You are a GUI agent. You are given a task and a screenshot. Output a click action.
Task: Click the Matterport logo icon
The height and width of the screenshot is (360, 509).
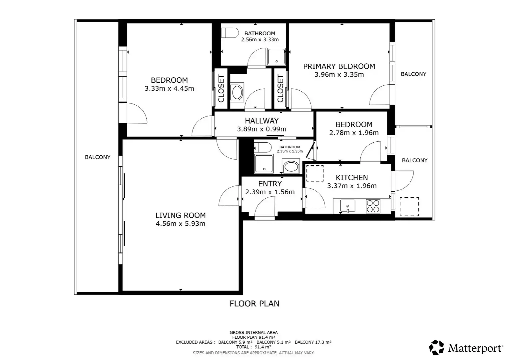click(x=436, y=347)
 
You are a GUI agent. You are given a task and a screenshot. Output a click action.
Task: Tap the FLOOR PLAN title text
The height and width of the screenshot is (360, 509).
click(x=254, y=304)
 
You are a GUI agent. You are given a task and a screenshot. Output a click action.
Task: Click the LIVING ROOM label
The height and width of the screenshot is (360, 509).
click(x=181, y=215)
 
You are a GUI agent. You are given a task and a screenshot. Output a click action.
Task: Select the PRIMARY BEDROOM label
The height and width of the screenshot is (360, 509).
click(x=339, y=66)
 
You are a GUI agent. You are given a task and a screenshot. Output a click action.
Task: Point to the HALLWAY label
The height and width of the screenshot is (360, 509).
click(x=262, y=121)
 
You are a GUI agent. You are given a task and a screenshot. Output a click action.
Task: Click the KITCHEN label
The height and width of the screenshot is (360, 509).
click(x=352, y=177)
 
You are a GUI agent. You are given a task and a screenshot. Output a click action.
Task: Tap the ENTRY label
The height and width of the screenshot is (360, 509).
click(x=270, y=184)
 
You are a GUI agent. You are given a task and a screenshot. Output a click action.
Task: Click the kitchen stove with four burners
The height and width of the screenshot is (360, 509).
click(x=373, y=206)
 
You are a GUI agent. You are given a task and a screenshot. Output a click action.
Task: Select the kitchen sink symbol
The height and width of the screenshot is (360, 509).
click(x=347, y=206)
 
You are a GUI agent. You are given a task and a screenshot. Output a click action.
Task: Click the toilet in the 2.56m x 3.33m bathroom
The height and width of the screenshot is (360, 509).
click(x=230, y=33)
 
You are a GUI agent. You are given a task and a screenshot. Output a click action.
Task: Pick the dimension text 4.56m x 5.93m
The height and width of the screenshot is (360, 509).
click(x=181, y=224)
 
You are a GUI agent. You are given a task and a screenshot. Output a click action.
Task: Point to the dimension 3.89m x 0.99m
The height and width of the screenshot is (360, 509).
click(x=261, y=129)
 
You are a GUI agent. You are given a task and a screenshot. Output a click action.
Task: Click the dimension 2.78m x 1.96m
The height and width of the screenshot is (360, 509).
click(x=354, y=133)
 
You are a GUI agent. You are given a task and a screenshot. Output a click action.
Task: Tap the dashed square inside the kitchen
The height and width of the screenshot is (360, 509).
click(x=315, y=173)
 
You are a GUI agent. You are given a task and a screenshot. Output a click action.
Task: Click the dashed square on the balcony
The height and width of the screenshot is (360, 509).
click(x=409, y=206)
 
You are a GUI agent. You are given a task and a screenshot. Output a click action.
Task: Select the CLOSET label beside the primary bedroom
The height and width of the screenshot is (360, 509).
click(x=280, y=88)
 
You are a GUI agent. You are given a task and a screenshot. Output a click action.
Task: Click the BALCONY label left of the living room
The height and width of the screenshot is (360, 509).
click(x=98, y=157)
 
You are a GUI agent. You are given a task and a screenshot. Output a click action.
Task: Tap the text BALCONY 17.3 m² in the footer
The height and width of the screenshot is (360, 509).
click(x=313, y=342)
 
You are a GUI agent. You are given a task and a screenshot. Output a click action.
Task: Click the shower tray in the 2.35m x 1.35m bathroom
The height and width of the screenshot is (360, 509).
click(x=264, y=164)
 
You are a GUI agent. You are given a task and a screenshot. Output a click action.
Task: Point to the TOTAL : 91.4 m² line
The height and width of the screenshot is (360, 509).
click(x=254, y=347)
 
